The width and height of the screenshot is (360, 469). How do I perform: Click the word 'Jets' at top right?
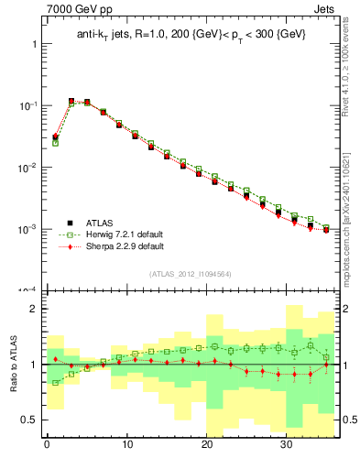[x=324, y=11]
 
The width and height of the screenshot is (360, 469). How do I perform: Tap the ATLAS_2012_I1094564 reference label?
[x=191, y=274]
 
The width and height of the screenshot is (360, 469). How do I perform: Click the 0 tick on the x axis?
[x=47, y=446]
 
